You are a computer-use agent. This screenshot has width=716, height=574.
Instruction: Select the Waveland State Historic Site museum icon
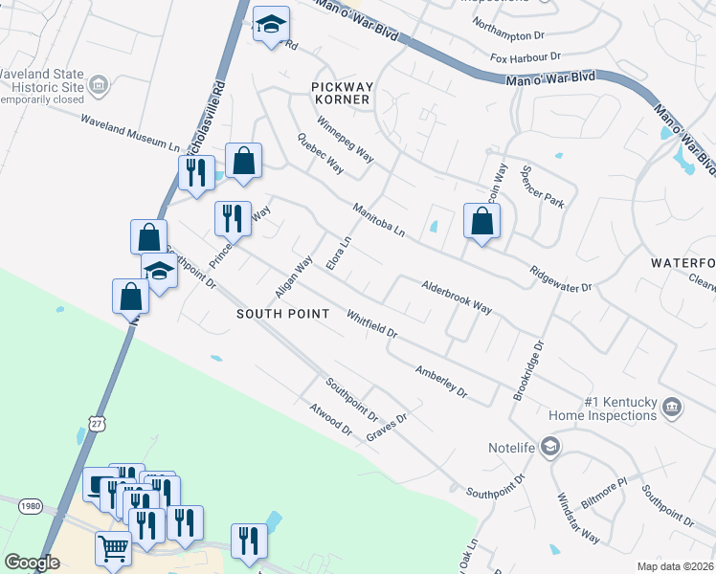[98, 87]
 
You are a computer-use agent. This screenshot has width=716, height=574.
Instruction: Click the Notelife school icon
[550, 447]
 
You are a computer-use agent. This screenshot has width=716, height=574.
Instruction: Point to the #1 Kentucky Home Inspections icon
[671, 408]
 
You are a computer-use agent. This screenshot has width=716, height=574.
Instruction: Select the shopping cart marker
[113, 548]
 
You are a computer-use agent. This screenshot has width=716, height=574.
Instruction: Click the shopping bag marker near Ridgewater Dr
[481, 222]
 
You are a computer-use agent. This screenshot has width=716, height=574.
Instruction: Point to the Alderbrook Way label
[457, 297]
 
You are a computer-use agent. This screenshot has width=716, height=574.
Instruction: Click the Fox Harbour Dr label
[525, 58]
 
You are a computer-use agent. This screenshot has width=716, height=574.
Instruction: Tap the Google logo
[33, 563]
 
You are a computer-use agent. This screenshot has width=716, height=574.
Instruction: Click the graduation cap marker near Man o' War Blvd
[271, 26]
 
